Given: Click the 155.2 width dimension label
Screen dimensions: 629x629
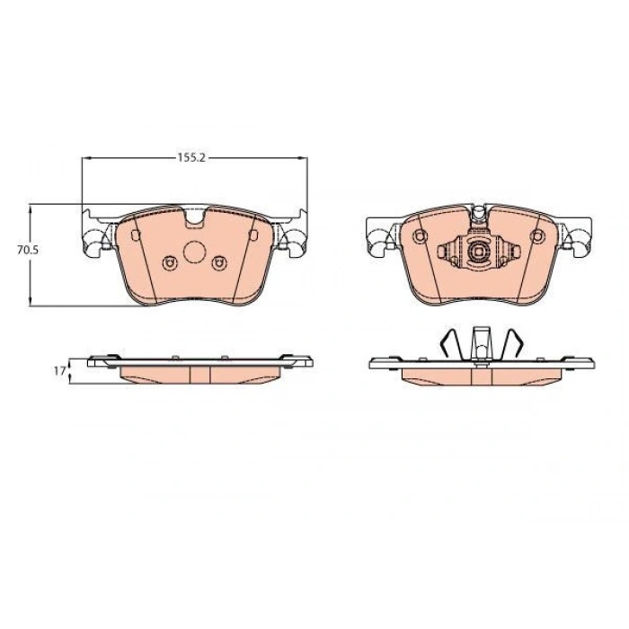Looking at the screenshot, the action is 191,157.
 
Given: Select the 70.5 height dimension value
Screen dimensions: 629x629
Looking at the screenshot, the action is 28,251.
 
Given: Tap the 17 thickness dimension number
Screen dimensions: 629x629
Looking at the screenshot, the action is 59,371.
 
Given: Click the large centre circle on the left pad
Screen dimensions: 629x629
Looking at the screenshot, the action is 195,252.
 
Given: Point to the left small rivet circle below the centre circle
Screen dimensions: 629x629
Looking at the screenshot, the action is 169,263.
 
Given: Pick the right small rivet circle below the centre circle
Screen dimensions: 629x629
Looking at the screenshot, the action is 219,263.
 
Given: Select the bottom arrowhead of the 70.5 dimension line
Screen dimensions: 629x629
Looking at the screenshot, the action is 30,301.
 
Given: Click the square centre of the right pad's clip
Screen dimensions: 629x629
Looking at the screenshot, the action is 477,252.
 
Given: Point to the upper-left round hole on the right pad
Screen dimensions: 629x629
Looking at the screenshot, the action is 420,235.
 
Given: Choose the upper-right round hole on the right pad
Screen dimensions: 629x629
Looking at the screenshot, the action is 537,235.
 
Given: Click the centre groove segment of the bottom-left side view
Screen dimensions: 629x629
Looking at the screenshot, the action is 199,375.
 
